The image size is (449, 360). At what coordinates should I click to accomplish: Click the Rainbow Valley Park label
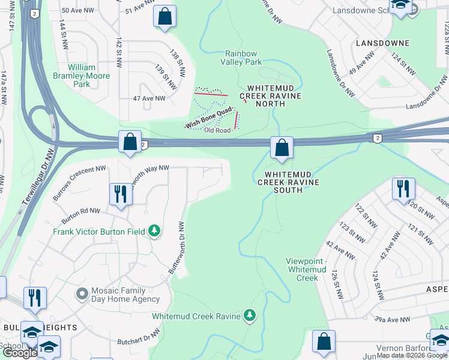tap(243, 58)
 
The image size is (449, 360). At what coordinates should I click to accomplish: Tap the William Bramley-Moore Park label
tap(89, 76)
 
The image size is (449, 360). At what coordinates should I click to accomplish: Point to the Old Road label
tap(217, 130)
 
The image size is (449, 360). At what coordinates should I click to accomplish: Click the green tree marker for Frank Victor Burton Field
tap(154, 231)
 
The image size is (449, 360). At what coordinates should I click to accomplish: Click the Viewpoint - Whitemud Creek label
tap(307, 269)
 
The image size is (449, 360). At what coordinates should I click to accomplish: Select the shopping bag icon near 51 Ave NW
tap(164, 17)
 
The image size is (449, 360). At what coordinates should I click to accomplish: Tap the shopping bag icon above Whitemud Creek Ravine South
tap(281, 148)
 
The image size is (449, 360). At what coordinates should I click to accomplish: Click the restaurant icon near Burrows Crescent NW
tap(121, 194)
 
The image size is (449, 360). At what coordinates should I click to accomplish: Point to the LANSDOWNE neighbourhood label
tap(382, 44)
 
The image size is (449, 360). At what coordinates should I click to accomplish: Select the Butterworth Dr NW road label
tap(176, 247)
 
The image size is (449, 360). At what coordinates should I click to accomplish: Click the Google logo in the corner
tap(20, 353)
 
